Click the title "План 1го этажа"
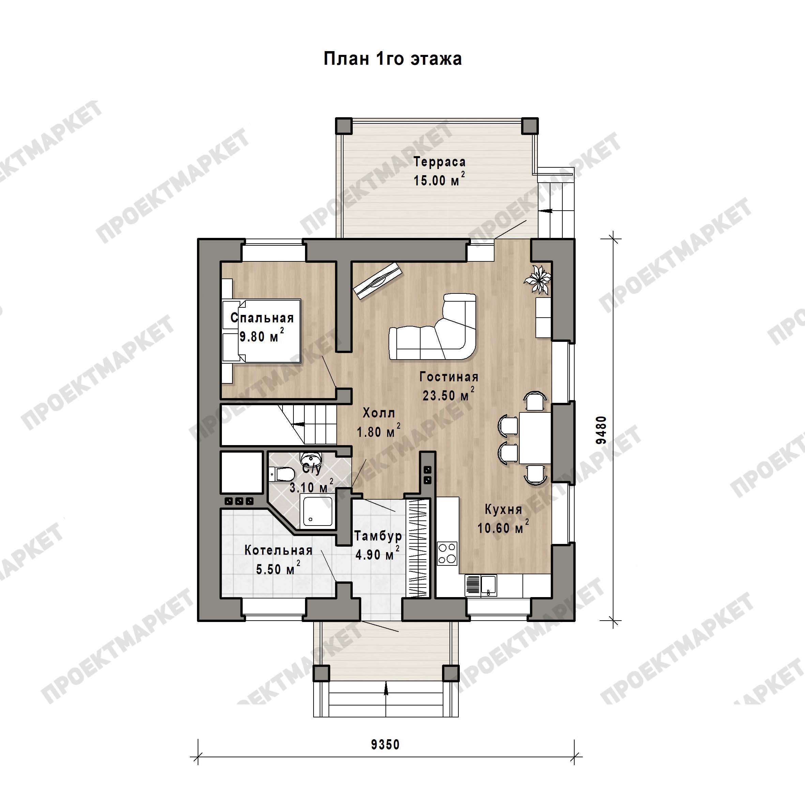(393, 59)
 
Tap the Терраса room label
(439, 162)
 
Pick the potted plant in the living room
(538, 279)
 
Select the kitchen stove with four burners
(447, 553)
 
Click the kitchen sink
(488, 584)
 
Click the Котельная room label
(278, 550)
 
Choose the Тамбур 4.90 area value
(377, 555)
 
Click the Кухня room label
(503, 509)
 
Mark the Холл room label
(379, 413)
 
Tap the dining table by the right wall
(535, 438)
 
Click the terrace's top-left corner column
(344, 125)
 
